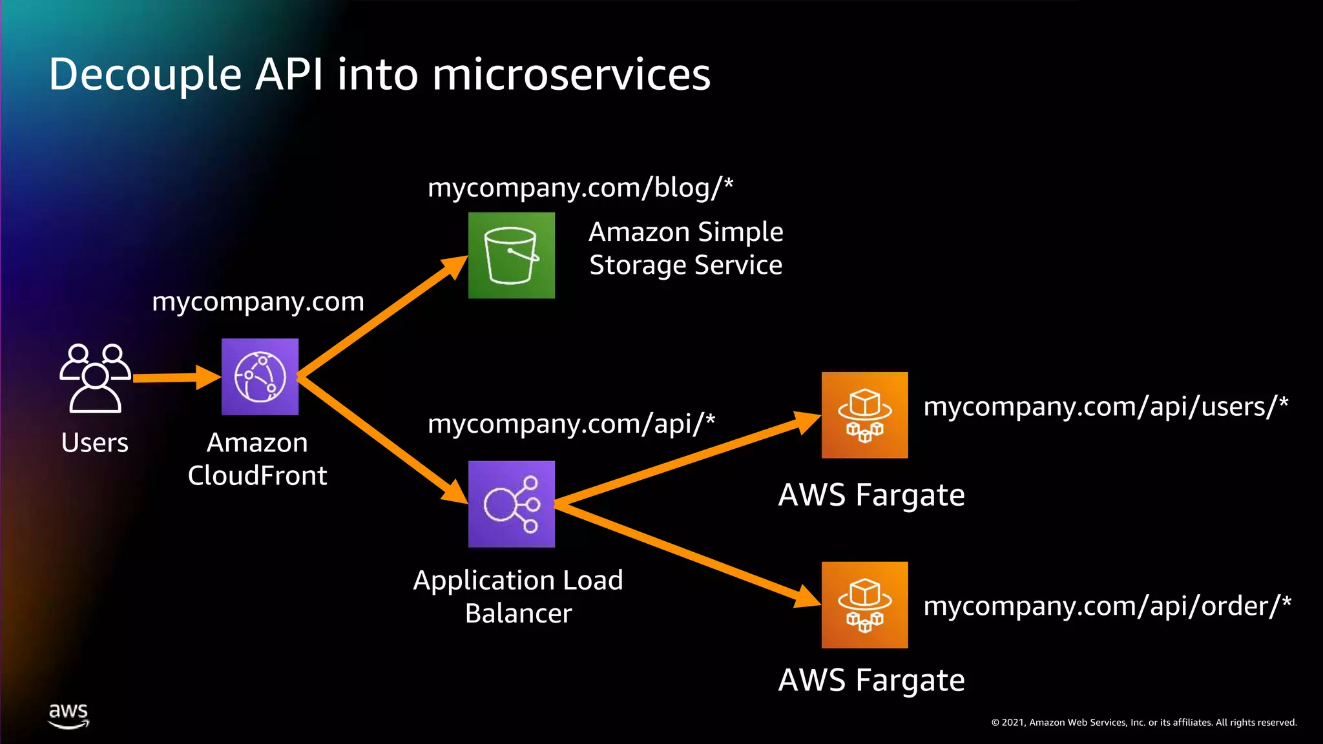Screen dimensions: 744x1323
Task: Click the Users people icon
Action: click(x=96, y=378)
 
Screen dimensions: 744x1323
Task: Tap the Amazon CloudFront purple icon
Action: click(x=260, y=377)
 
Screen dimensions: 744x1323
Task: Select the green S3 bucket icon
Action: click(x=511, y=255)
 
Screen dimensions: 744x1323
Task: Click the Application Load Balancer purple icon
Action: click(x=511, y=504)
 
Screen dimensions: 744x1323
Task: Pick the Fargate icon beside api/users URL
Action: click(x=864, y=415)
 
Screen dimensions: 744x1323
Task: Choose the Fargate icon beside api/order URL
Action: click(x=864, y=604)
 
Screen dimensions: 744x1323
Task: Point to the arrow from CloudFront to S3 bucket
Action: click(x=381, y=316)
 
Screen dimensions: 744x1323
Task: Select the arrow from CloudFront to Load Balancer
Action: click(x=381, y=439)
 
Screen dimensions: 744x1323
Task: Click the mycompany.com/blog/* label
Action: click(x=580, y=188)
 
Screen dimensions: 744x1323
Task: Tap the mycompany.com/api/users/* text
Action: click(x=1105, y=407)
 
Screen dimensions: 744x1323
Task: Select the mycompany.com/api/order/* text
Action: click(x=1107, y=606)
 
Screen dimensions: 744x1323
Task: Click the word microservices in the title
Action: click(x=571, y=74)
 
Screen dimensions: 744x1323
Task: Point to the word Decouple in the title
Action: click(x=145, y=74)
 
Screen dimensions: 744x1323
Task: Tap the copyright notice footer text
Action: click(x=1143, y=723)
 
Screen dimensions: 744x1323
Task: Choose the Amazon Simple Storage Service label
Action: click(x=685, y=249)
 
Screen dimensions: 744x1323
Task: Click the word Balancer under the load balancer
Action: click(x=518, y=614)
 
